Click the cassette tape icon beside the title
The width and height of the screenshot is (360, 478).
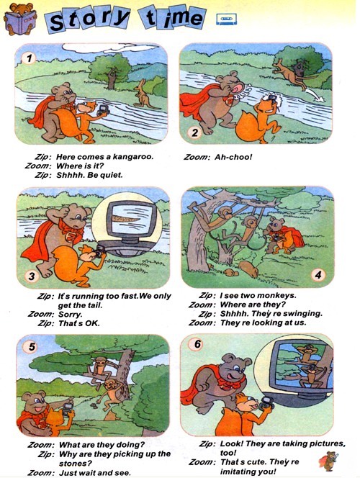click(x=226, y=19)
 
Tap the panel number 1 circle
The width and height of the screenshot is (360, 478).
click(x=30, y=58)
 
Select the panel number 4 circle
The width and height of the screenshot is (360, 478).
click(x=318, y=275)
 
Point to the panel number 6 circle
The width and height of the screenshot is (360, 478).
click(x=197, y=344)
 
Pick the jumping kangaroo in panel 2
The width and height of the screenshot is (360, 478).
click(x=292, y=73)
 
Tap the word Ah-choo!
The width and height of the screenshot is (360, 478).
click(x=233, y=157)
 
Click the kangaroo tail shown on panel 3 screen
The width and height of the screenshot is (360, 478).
click(x=126, y=219)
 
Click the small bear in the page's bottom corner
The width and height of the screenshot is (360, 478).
click(x=328, y=461)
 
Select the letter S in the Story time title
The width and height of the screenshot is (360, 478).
click(x=57, y=22)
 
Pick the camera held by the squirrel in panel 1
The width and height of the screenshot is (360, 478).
click(x=103, y=110)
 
